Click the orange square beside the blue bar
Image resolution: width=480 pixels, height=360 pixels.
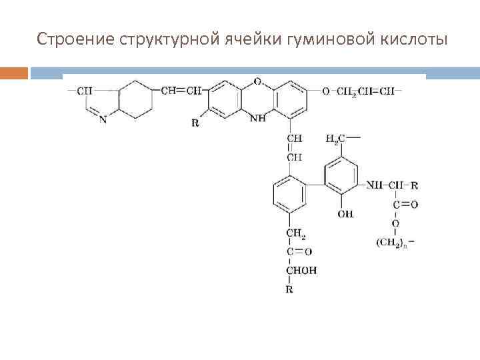pos(14,73)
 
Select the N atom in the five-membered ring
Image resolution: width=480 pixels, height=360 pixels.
pos(102,119)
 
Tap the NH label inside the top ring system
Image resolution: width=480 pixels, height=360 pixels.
pos(257,119)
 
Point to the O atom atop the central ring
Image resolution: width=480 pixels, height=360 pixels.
pos(257,81)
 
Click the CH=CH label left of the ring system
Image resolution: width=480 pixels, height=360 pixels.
pos(179,91)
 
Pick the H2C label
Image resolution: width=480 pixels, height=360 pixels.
pos(335,139)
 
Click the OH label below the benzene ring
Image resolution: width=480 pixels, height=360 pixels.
pos(345,214)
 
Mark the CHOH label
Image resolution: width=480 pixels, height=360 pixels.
pos(301,270)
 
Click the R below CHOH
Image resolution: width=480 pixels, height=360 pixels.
pos(289,290)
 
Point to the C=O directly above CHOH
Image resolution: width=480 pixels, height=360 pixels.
pos(299,251)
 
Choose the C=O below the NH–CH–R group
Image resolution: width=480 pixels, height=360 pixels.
pos(405,204)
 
